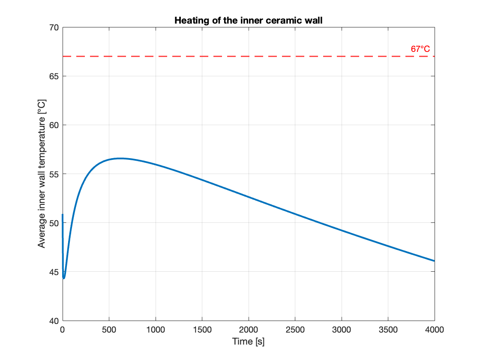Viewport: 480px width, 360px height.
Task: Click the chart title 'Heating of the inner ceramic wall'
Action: point(248,21)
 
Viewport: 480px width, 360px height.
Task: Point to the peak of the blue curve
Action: point(120,158)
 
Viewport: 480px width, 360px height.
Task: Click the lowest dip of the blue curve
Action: point(64,278)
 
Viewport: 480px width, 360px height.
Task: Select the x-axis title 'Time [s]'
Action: point(248,342)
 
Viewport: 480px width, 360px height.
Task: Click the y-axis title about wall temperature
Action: point(42,174)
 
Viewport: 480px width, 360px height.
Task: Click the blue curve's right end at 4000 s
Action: point(434,261)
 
